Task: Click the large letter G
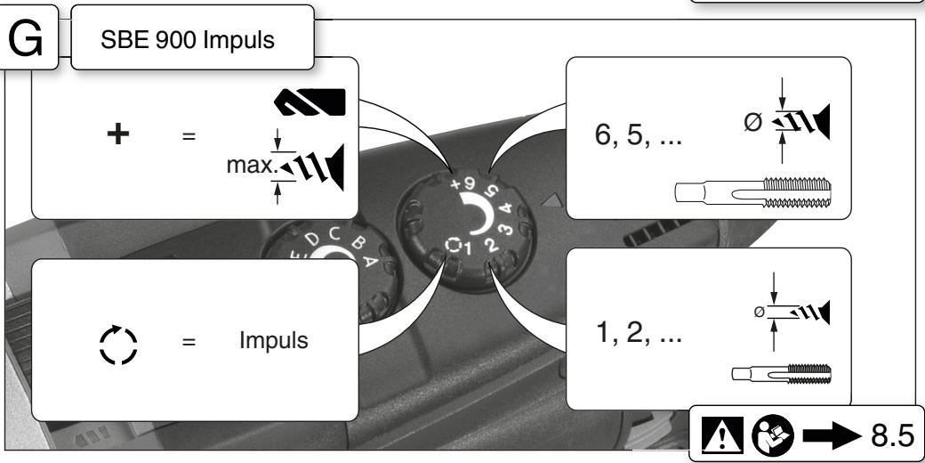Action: click(x=26, y=39)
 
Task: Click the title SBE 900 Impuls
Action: click(x=188, y=40)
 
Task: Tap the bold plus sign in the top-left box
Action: click(x=118, y=134)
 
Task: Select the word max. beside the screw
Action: click(x=252, y=166)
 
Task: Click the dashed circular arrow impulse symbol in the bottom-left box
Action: click(x=118, y=345)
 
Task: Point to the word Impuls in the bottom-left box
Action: click(x=274, y=341)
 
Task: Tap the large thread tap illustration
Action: click(x=752, y=192)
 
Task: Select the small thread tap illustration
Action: click(x=782, y=374)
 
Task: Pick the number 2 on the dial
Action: click(x=491, y=244)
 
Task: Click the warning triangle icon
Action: click(x=722, y=435)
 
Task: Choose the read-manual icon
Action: click(x=773, y=435)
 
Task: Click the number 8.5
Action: click(x=892, y=435)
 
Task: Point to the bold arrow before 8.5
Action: click(x=832, y=435)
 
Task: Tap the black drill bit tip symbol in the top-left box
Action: click(x=310, y=102)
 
